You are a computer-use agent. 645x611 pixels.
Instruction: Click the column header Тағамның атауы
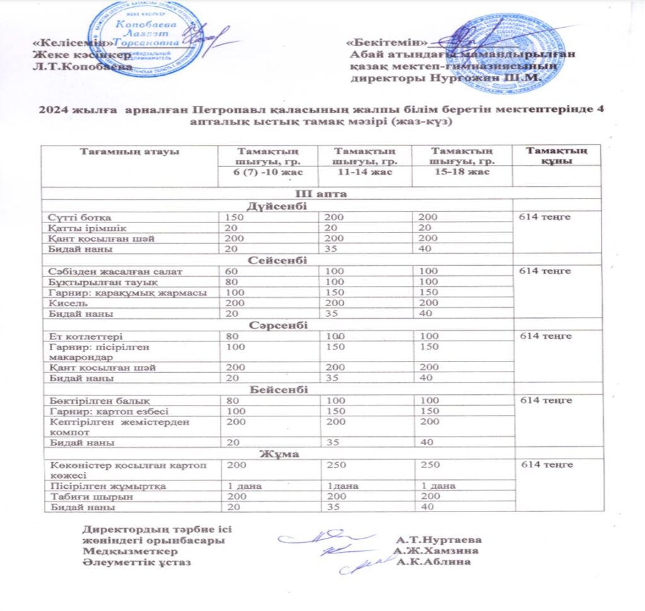tap(129, 152)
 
